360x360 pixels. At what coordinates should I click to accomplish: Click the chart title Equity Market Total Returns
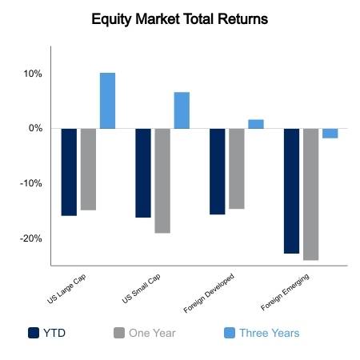click(x=180, y=19)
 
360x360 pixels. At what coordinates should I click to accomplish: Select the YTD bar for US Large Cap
click(x=69, y=172)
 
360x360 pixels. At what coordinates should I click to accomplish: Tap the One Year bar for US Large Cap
click(x=88, y=170)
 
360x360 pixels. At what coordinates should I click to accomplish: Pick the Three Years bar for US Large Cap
click(x=107, y=101)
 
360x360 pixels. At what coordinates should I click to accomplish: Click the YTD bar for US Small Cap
click(x=143, y=173)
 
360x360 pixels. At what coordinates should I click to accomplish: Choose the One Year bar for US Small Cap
click(x=162, y=181)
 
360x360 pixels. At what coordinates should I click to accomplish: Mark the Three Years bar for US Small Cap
click(x=182, y=110)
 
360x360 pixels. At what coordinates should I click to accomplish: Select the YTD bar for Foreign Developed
click(x=218, y=171)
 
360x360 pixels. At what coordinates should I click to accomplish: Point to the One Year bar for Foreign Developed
click(x=237, y=169)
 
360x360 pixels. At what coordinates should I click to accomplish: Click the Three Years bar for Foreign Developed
click(x=256, y=124)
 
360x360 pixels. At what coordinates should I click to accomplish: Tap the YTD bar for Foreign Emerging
click(x=291, y=191)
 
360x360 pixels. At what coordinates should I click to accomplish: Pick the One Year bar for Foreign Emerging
click(x=310, y=194)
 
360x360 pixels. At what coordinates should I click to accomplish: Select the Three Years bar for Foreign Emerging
click(x=330, y=134)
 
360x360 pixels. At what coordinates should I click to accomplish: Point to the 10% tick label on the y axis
click(x=33, y=74)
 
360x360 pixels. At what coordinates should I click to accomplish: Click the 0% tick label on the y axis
click(x=35, y=128)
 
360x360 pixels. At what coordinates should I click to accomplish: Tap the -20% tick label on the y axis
click(x=31, y=238)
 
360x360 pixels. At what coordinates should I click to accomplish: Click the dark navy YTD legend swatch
click(x=34, y=333)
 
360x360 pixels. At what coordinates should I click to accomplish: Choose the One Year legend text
click(x=152, y=333)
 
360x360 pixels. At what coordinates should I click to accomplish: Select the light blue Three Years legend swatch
click(x=230, y=333)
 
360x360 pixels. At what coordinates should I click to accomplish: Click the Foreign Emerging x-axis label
click(x=285, y=292)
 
